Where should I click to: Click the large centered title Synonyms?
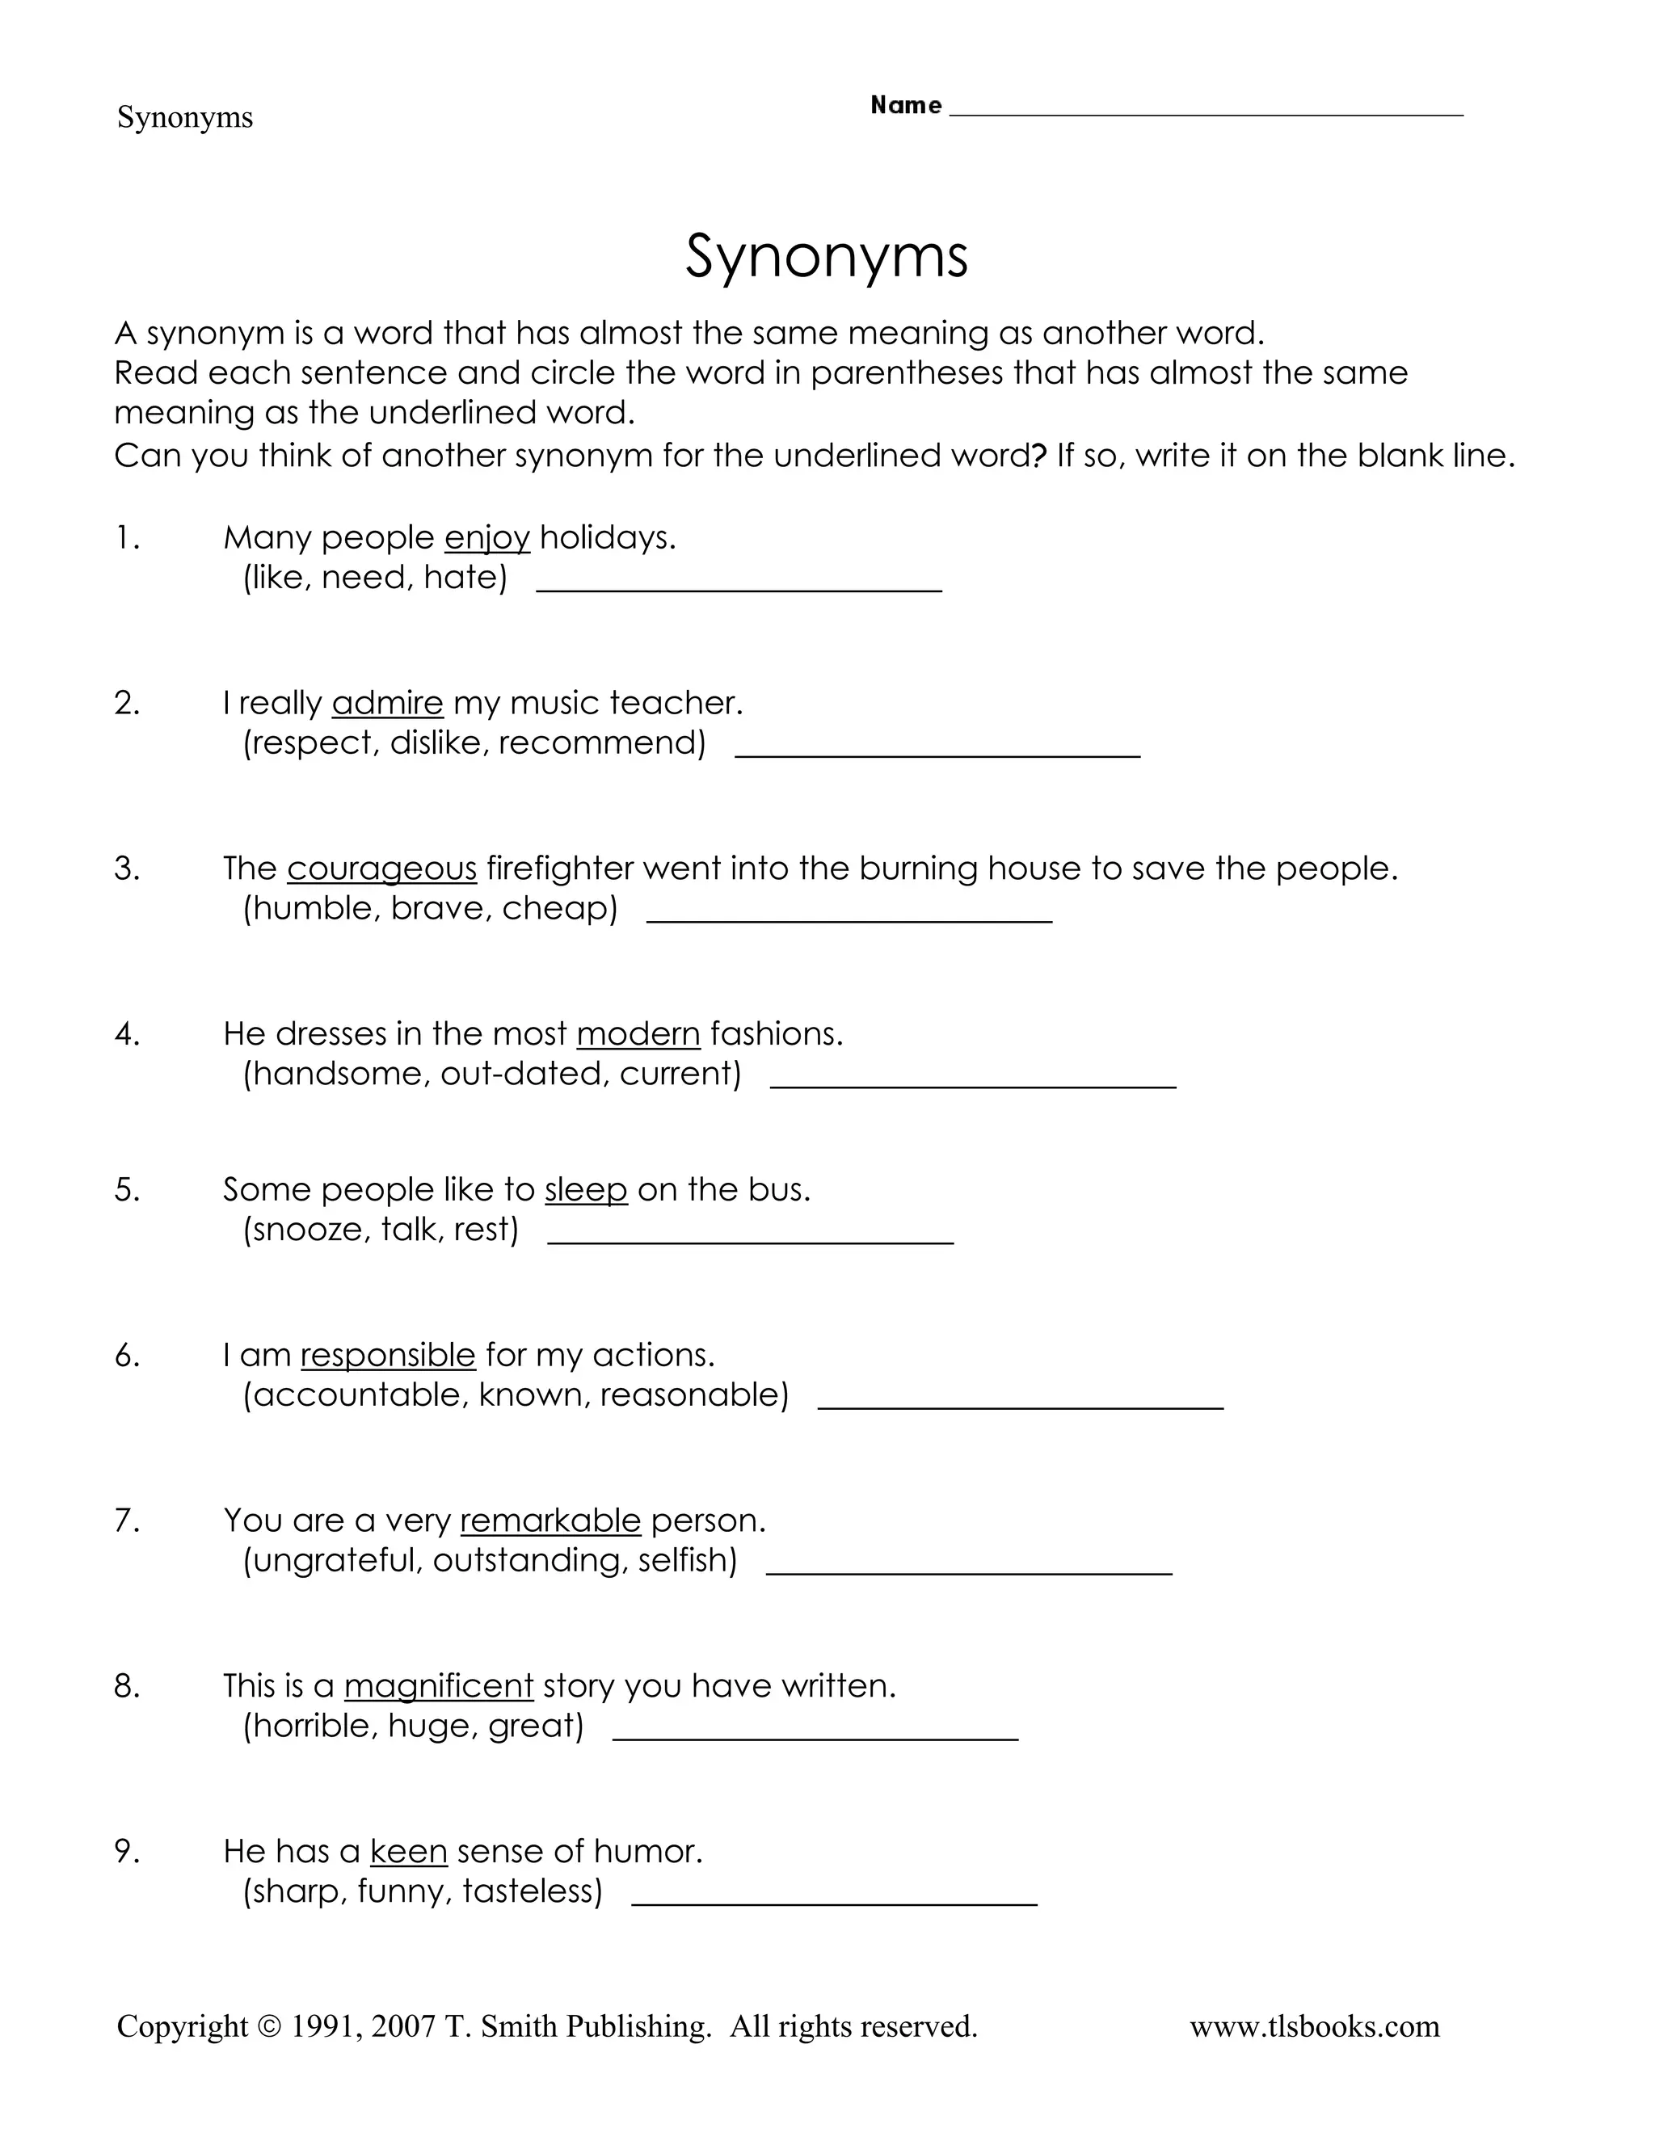827,258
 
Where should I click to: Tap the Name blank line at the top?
1206,110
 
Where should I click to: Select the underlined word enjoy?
486,538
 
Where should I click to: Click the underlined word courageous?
381,869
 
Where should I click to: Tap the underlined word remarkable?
550,1521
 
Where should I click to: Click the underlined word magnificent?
438,1686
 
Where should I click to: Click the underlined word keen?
409,1852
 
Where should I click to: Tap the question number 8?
127,1686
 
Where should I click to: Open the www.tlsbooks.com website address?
1314,2026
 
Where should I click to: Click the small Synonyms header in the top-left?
184,118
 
